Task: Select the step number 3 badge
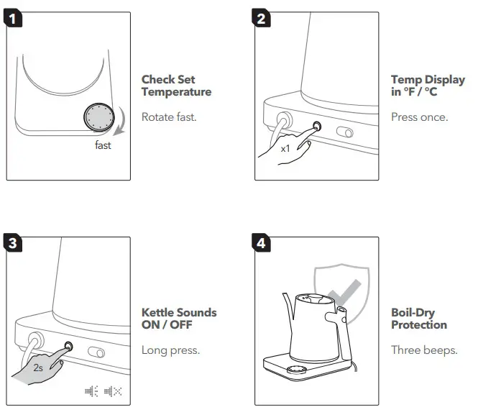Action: click(14, 242)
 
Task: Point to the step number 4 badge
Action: click(263, 242)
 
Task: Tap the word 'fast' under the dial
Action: click(103, 145)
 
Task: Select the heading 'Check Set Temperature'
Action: click(176, 86)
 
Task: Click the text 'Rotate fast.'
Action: click(169, 117)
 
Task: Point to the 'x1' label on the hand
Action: click(285, 148)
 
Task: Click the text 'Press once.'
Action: click(419, 117)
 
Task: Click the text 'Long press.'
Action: click(170, 350)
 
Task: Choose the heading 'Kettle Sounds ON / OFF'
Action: click(178, 319)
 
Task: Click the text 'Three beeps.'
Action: click(424, 350)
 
